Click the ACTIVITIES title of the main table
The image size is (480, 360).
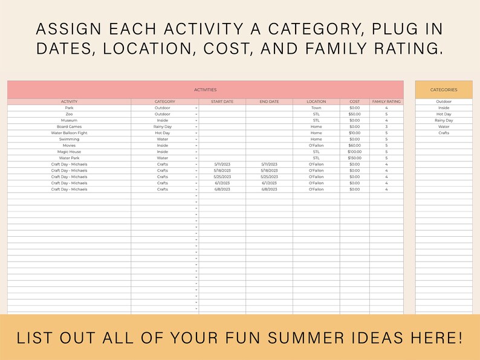point(205,89)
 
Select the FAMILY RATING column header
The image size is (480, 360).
point(386,101)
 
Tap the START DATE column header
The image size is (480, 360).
point(222,101)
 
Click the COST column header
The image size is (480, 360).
point(354,101)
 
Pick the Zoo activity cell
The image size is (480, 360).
point(69,114)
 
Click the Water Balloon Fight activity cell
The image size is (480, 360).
point(69,133)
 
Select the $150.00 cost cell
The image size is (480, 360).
point(354,158)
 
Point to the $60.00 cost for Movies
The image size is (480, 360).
point(354,146)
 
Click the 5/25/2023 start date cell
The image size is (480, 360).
point(222,177)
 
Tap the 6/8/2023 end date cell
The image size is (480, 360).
point(269,189)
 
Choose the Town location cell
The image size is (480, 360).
point(316,108)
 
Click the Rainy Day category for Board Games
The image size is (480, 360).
point(162,127)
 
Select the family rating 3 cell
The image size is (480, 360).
point(386,127)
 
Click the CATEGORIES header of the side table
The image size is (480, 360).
point(444,89)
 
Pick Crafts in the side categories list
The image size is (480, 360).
point(444,133)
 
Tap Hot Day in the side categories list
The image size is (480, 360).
point(444,114)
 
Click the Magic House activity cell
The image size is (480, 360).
point(69,152)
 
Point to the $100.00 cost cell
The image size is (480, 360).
point(354,152)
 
